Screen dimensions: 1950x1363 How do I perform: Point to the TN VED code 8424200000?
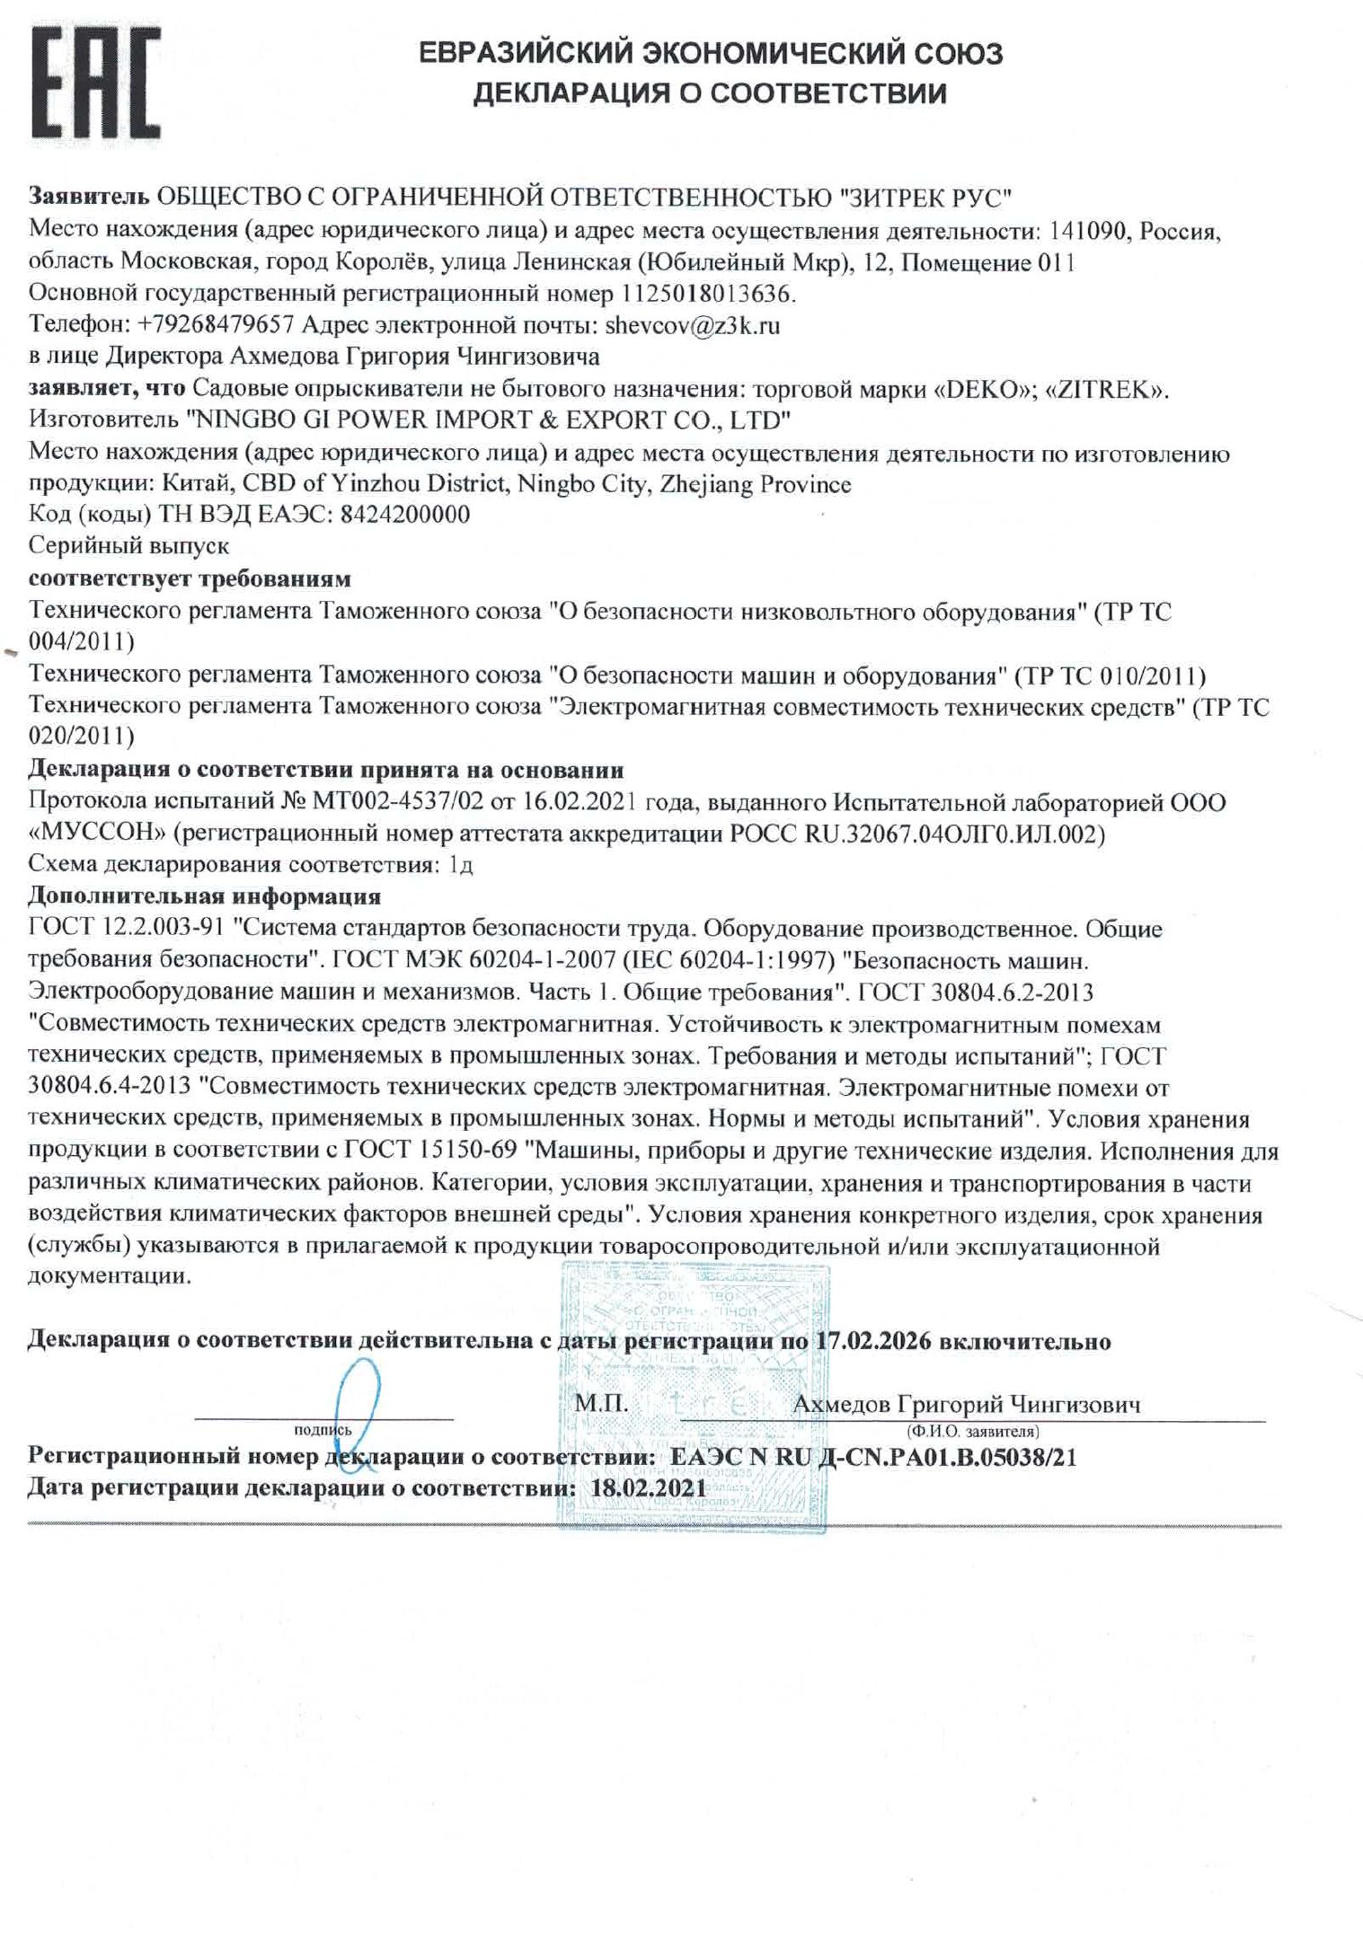pyautogui.click(x=406, y=515)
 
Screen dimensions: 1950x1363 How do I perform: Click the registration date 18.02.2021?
pyautogui.click(x=649, y=1487)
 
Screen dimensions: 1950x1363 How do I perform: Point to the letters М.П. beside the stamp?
pyautogui.click(x=601, y=1403)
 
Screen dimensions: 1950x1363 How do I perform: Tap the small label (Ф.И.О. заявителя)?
pyautogui.click(x=973, y=1430)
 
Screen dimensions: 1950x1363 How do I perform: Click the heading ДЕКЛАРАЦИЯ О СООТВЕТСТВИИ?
pyautogui.click(x=710, y=93)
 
